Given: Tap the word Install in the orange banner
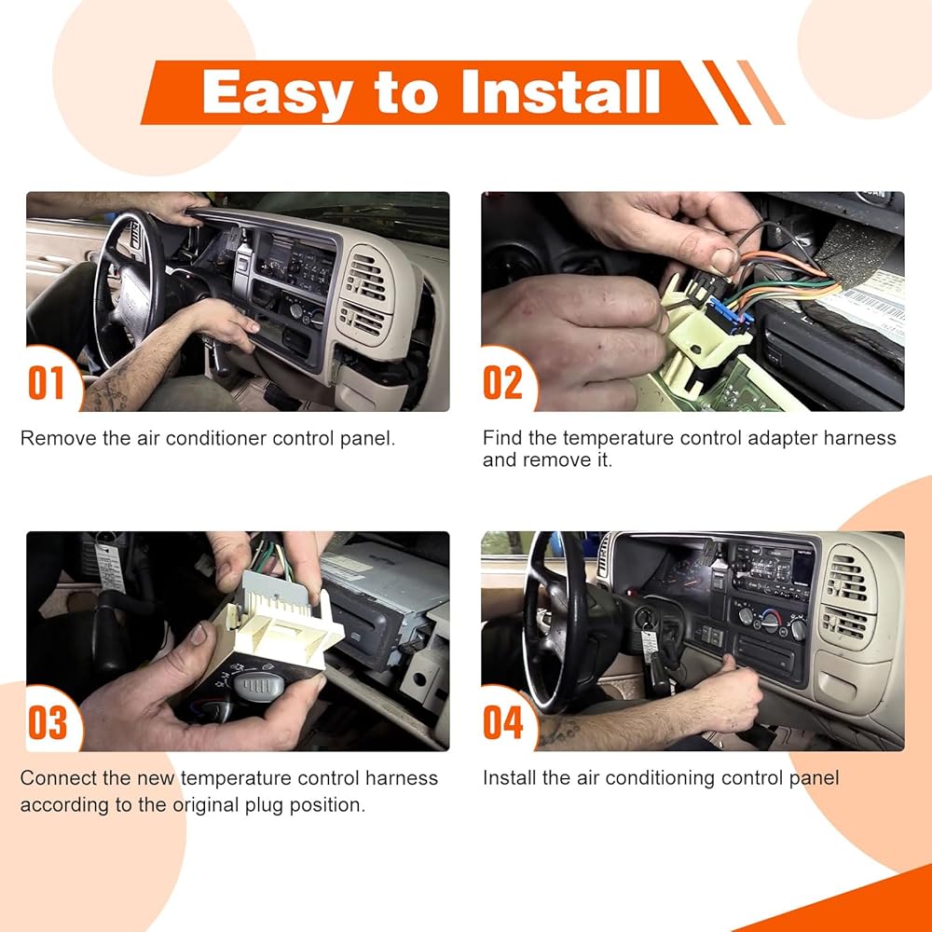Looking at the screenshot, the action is [560, 91].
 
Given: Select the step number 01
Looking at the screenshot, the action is [46, 383].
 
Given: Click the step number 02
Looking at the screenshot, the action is [502, 383].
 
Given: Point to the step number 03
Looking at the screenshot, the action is [48, 722].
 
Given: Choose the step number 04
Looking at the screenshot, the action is [503, 722].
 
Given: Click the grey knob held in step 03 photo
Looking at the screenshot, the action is [258, 685].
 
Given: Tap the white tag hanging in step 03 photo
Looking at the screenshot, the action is [111, 568].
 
